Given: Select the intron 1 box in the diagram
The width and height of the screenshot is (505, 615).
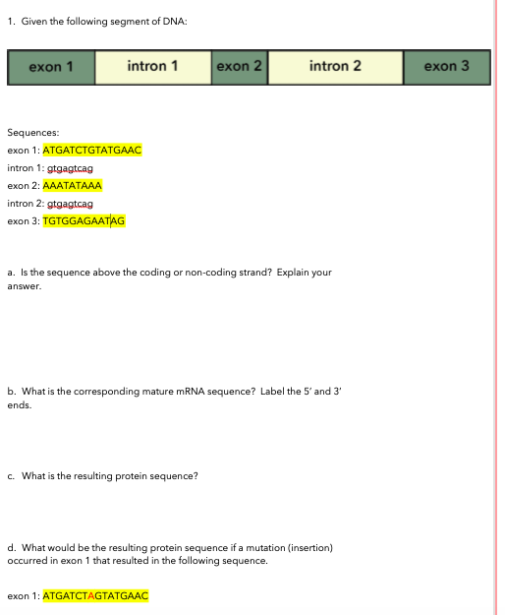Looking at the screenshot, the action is click(x=152, y=67).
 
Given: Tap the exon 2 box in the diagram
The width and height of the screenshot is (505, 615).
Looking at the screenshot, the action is click(x=239, y=67).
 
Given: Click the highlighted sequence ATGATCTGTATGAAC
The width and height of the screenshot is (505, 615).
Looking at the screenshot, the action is click(x=93, y=151).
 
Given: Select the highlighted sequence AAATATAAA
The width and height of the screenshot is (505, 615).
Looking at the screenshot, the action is click(x=73, y=185).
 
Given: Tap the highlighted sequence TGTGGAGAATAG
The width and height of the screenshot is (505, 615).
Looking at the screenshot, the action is click(x=84, y=220).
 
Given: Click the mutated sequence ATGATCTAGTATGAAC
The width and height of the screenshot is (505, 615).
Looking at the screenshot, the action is click(x=96, y=596).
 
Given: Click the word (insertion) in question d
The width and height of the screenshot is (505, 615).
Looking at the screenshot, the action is click(x=307, y=548).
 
